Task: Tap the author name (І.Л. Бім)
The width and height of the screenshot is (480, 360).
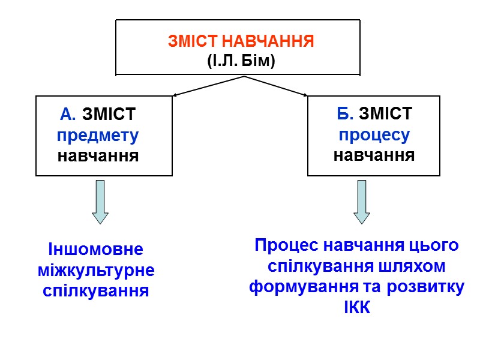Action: [x=241, y=60]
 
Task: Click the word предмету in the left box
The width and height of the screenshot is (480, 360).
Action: [x=98, y=135]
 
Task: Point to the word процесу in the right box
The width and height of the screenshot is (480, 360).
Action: [x=374, y=135]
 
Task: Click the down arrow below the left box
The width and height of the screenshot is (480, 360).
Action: [x=100, y=202]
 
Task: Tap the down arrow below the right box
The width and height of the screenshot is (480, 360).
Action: [x=362, y=202]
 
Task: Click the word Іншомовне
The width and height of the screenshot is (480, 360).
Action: [x=95, y=249]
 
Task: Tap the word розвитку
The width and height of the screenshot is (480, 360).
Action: [x=425, y=287]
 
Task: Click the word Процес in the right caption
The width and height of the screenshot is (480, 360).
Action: [x=286, y=245]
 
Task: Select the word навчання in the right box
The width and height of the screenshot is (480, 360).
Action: [x=374, y=156]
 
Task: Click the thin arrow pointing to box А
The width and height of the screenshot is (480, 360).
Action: [x=207, y=86]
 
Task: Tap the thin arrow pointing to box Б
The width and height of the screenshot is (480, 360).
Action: [x=276, y=86]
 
